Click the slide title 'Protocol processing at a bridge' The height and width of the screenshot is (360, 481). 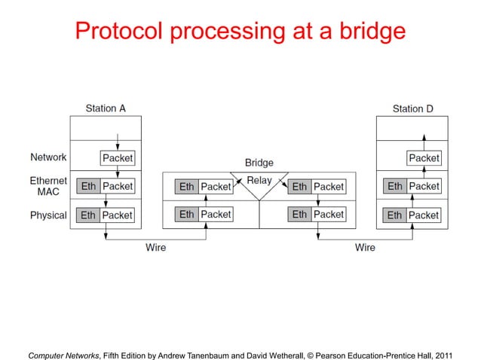pyautogui.click(x=240, y=31)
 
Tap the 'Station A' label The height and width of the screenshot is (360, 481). pyautogui.click(x=106, y=108)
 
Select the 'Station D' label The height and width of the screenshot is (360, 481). pyautogui.click(x=412, y=108)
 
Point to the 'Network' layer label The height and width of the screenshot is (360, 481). pyautogui.click(x=48, y=157)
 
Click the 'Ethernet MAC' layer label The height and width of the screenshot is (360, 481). pyautogui.click(x=49, y=186)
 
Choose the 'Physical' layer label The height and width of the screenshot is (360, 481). pyautogui.click(x=48, y=215)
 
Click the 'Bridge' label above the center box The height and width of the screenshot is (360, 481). pyautogui.click(x=259, y=162)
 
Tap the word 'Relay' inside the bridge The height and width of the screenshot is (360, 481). pyautogui.click(x=259, y=181)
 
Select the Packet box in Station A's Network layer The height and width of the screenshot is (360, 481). pyautogui.click(x=117, y=158)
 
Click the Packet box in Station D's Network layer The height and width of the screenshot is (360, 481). pyautogui.click(x=424, y=158)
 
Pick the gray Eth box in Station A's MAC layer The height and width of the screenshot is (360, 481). pyautogui.click(x=88, y=186)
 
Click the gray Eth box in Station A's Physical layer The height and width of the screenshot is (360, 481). pyautogui.click(x=88, y=215)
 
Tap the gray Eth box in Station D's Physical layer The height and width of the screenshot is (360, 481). pyautogui.click(x=394, y=215)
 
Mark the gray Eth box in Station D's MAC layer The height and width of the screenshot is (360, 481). pyautogui.click(x=394, y=186)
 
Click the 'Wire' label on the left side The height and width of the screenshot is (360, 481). pyautogui.click(x=155, y=247)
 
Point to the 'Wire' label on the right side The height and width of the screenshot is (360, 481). pyautogui.click(x=365, y=247)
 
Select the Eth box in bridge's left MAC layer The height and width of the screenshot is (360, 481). pyautogui.click(x=186, y=187)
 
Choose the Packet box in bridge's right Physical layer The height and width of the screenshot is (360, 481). pyautogui.click(x=328, y=215)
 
